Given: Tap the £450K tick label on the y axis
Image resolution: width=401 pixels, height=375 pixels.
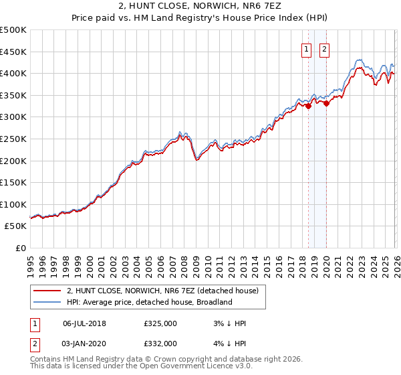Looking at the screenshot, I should pyautogui.click(x=13, y=52).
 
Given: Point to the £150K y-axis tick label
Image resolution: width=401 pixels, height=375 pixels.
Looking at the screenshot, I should pyautogui.click(x=13, y=182).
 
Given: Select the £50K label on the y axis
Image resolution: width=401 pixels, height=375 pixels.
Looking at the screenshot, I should pyautogui.click(x=15, y=226).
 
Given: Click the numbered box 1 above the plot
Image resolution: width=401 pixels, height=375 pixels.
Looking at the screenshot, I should pyautogui.click(x=306, y=48).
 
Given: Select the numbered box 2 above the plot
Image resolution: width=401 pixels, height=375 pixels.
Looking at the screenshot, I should pyautogui.click(x=324, y=48).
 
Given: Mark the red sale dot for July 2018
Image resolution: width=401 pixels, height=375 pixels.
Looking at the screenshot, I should pyautogui.click(x=308, y=106).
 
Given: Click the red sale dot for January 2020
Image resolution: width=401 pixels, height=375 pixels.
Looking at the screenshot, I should pyautogui.click(x=326, y=103).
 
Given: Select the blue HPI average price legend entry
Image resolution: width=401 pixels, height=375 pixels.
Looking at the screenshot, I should pyautogui.click(x=148, y=302).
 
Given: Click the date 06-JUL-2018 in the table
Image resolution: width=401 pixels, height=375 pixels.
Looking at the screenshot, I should pyautogui.click(x=84, y=323).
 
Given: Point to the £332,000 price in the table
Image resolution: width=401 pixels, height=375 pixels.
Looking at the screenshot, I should pyautogui.click(x=160, y=343).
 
